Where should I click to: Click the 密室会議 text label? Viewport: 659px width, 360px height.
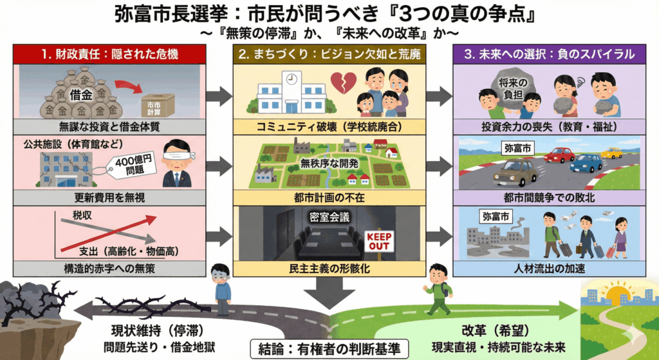coord(329,217)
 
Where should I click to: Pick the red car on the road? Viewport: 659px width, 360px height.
coord(559,155)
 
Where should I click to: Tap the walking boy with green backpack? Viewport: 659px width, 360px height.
coord(439,289)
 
